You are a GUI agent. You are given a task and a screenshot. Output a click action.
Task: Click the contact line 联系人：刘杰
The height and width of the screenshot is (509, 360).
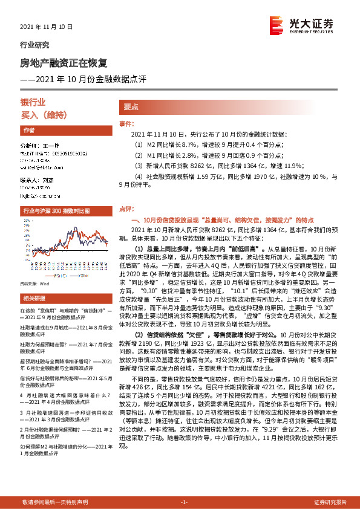tap(40, 181)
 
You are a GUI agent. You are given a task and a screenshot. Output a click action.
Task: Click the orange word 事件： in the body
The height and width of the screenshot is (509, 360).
tap(126, 124)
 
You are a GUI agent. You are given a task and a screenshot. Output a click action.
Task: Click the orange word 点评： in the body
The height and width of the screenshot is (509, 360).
tap(126, 208)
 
